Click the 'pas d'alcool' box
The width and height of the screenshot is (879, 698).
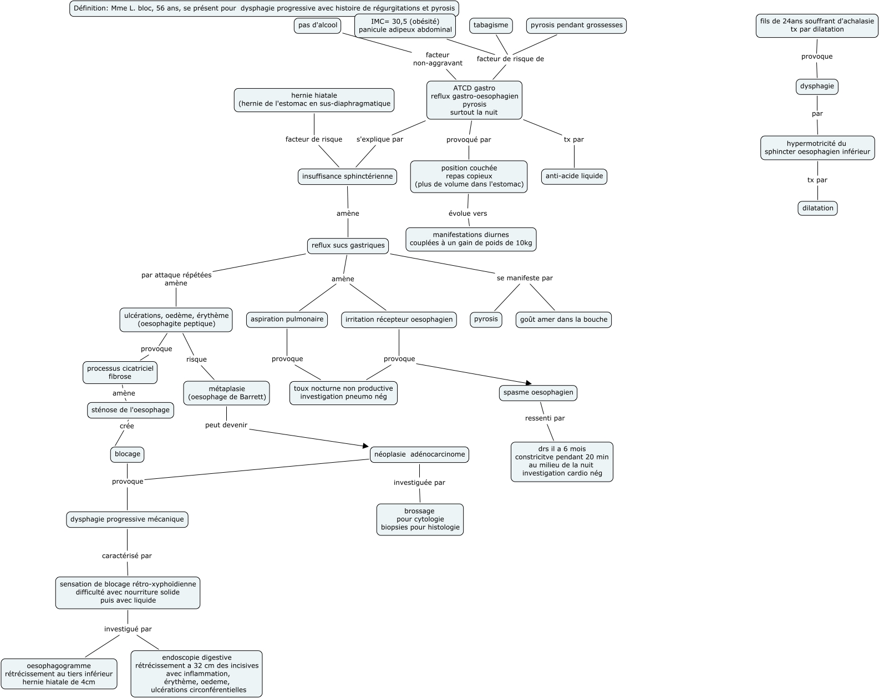click(x=318, y=26)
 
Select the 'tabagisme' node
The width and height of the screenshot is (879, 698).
click(x=491, y=26)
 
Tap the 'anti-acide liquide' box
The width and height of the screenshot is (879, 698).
click(x=574, y=176)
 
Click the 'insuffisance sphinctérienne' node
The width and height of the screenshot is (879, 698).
click(x=347, y=176)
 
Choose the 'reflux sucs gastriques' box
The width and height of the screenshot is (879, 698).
click(x=348, y=245)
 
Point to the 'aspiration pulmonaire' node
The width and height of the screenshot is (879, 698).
click(x=287, y=320)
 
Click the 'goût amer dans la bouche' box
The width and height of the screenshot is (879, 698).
click(x=563, y=320)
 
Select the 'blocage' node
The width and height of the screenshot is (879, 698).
click(x=128, y=454)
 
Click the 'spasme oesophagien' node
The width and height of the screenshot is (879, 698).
click(x=538, y=393)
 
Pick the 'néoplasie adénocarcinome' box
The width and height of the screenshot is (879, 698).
click(x=420, y=454)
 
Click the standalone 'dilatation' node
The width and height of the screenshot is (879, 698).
click(x=817, y=209)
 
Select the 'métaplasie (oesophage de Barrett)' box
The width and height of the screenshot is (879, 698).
click(x=226, y=393)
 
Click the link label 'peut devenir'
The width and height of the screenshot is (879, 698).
click(x=226, y=426)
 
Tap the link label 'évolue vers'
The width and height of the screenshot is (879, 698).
click(x=468, y=214)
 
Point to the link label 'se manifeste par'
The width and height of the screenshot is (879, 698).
click(x=525, y=278)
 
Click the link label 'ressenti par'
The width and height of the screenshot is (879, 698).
click(x=545, y=418)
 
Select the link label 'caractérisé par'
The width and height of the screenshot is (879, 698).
click(x=127, y=556)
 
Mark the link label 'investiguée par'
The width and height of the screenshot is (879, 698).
click(x=419, y=483)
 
